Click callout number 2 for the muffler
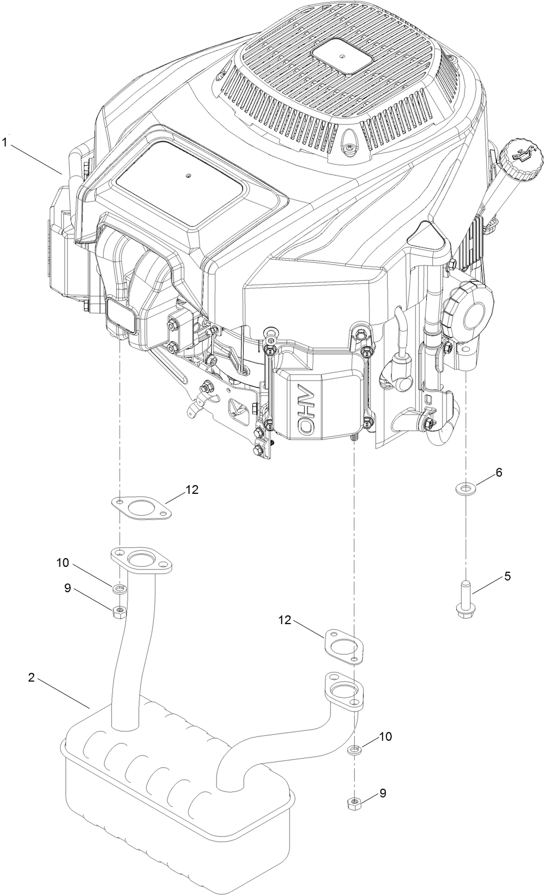[x=32, y=678]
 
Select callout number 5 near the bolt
[x=507, y=576]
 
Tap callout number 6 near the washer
[x=498, y=473]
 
